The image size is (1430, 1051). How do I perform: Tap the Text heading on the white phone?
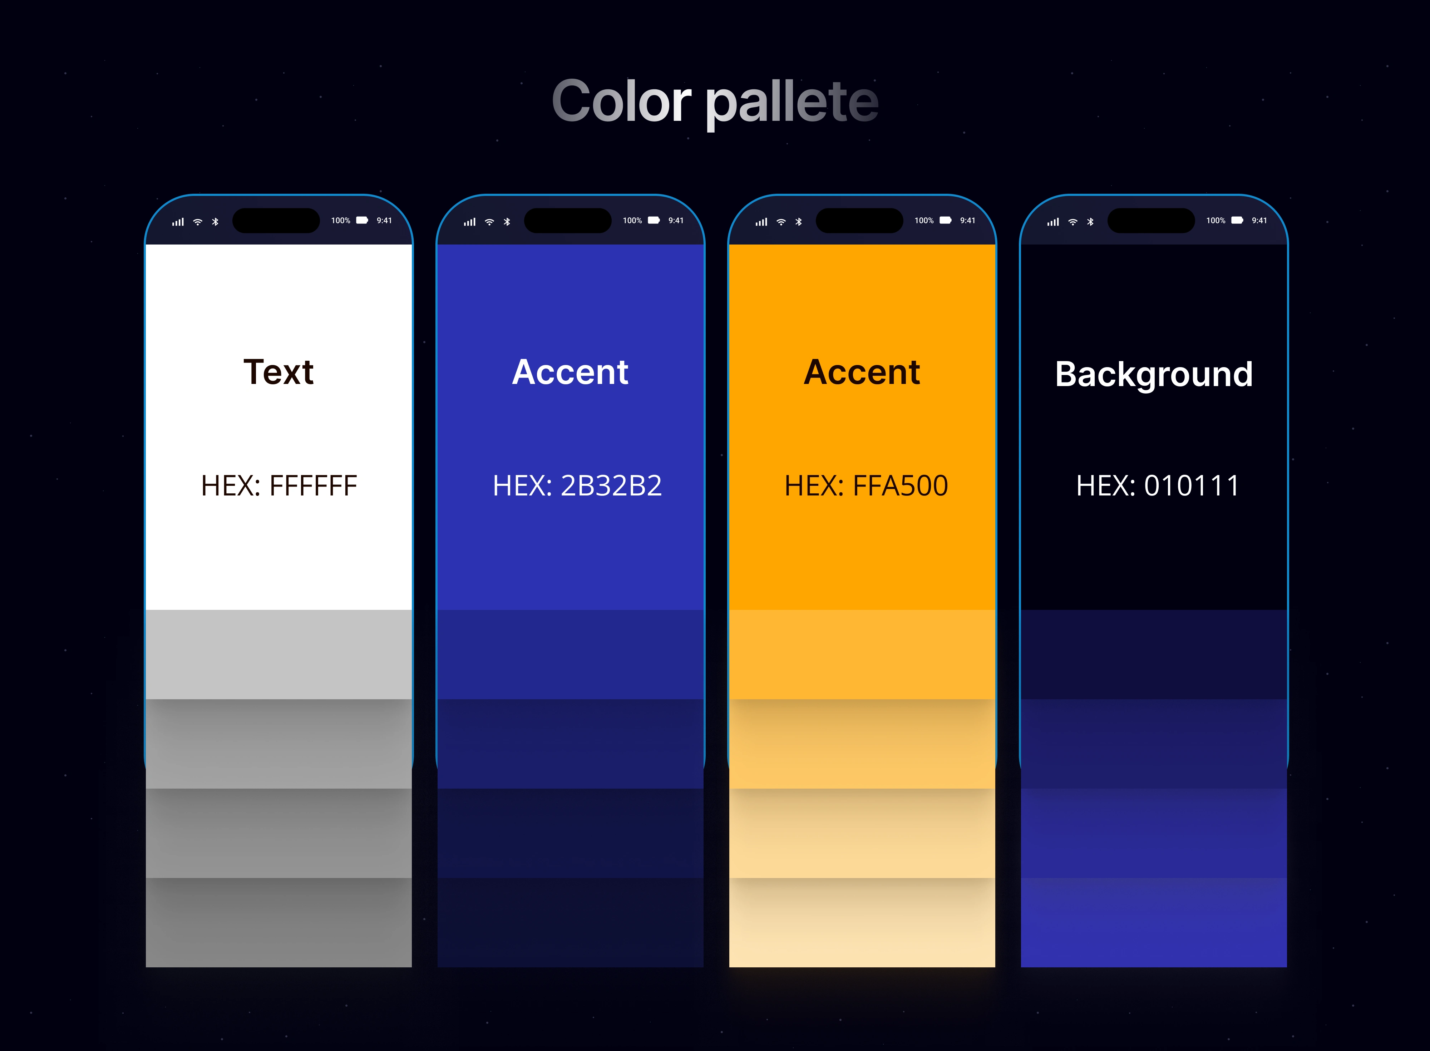coord(278,372)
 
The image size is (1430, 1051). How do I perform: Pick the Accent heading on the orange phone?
coord(862,372)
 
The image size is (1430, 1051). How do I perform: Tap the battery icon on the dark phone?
coord(1237,220)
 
